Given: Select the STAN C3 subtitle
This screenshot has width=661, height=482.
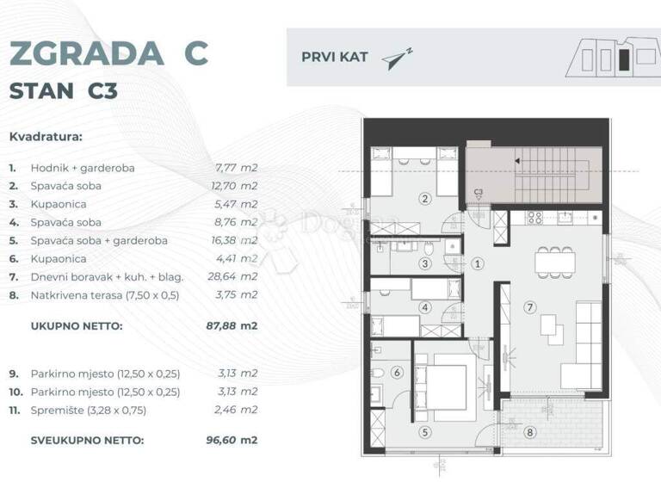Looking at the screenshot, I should pyautogui.click(x=63, y=91).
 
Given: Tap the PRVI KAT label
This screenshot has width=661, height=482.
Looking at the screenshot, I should pyautogui.click(x=335, y=58).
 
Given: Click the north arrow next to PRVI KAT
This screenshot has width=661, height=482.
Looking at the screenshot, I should pyautogui.click(x=398, y=57).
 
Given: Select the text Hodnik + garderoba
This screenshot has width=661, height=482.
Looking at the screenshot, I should pyautogui.click(x=83, y=168).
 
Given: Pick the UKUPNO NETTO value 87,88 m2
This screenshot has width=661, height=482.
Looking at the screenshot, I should pyautogui.click(x=237, y=326).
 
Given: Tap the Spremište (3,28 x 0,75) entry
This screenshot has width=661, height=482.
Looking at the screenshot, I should pyautogui.click(x=89, y=411).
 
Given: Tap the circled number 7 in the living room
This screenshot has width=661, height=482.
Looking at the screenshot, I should pyautogui.click(x=531, y=306).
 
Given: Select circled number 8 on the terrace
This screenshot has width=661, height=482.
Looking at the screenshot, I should pyautogui.click(x=529, y=433).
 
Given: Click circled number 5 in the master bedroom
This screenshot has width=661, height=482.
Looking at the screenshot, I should pyautogui.click(x=425, y=433).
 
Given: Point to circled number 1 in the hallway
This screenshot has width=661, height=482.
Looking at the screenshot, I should pyautogui.click(x=479, y=264).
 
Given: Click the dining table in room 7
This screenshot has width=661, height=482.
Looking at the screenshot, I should pyautogui.click(x=553, y=259).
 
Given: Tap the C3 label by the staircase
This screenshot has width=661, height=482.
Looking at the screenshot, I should pyautogui.click(x=479, y=193).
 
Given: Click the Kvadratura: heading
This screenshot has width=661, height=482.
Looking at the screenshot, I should pyautogui.click(x=46, y=136).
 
